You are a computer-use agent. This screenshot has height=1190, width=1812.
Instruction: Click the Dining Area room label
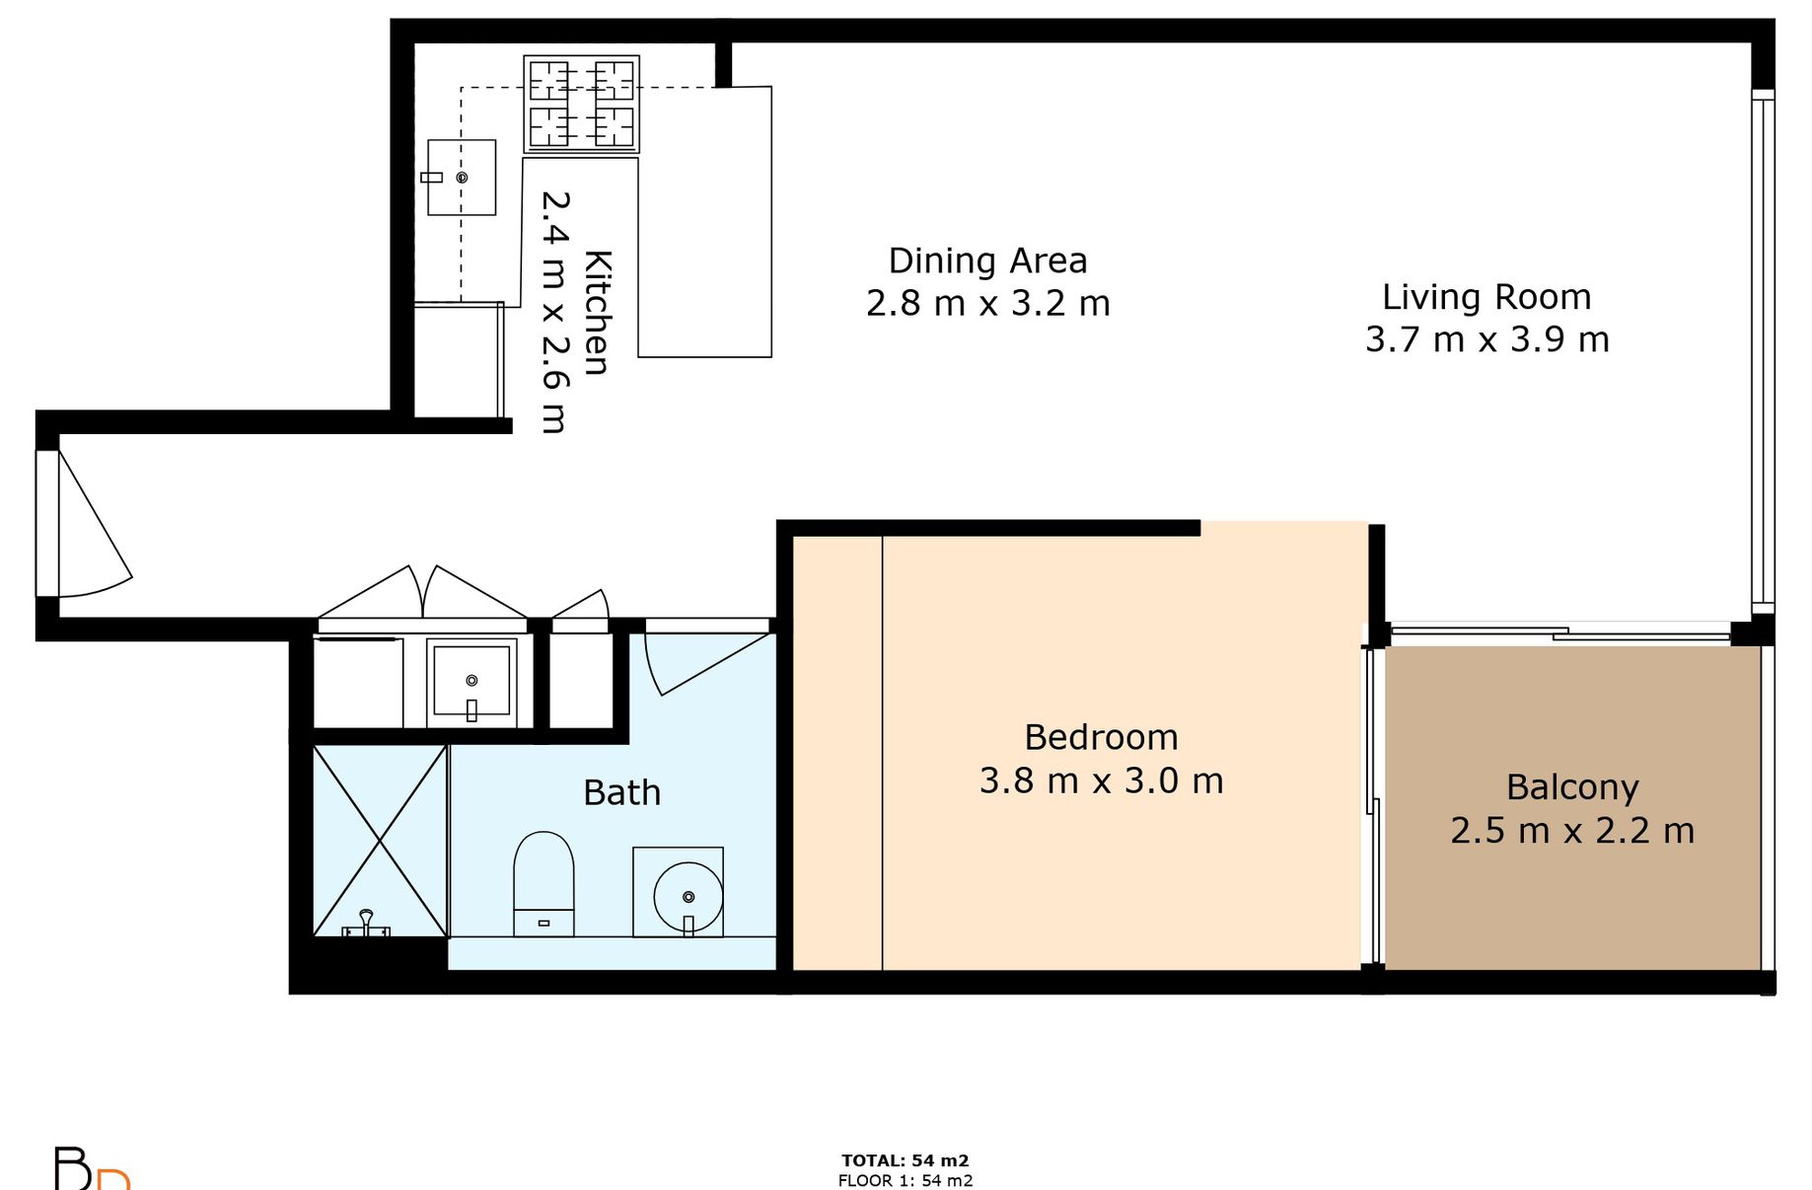pos(987,260)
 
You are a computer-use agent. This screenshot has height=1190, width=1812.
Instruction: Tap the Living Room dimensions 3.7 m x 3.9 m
pos(1487,339)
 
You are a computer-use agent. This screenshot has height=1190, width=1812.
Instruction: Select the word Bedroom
pos(1101,737)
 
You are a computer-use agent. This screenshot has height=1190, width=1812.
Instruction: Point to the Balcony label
pos(1572,788)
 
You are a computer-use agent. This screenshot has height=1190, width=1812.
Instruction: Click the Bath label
pos(621,792)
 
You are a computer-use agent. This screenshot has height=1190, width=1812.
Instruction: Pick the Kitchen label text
pos(598,313)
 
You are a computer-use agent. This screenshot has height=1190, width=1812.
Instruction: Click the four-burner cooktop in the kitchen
pos(581,104)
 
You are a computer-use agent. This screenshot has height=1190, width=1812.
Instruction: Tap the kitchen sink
pos(461,178)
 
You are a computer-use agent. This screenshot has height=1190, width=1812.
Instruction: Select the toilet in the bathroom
pos(544,884)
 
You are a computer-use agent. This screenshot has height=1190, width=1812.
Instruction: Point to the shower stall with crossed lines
pos(380,841)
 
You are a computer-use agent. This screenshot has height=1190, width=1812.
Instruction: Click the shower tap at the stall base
pos(366,924)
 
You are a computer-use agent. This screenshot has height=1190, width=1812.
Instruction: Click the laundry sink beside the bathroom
pos(471,682)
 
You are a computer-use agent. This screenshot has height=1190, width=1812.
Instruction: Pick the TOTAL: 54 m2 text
pos(906,1160)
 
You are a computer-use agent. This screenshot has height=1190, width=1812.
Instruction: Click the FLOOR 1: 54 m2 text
pos(906,1180)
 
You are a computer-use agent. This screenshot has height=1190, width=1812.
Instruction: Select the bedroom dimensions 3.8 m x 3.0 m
pos(1101,781)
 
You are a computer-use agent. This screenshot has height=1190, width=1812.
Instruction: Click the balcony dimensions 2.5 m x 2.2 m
pos(1572,831)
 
